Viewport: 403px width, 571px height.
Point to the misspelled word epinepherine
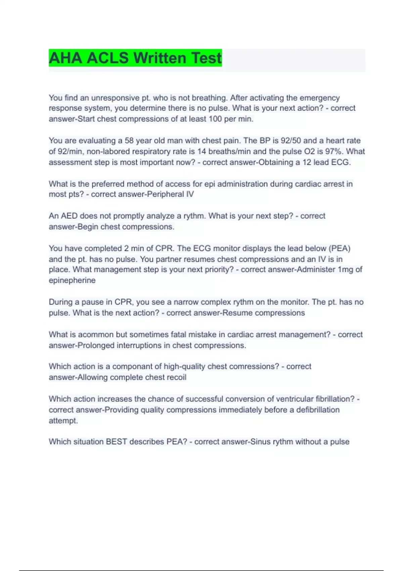72,280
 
